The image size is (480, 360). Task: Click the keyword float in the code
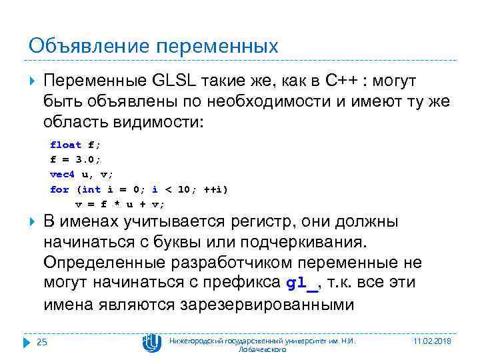pyautogui.click(x=65, y=145)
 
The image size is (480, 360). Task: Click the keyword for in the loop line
pyautogui.click(x=59, y=189)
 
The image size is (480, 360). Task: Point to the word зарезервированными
pyautogui.click(x=267, y=305)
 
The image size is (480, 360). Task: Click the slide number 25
pyautogui.click(x=42, y=342)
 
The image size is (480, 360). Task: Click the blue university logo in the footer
pyautogui.click(x=152, y=342)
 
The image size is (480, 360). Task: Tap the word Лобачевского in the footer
pyautogui.click(x=262, y=349)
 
